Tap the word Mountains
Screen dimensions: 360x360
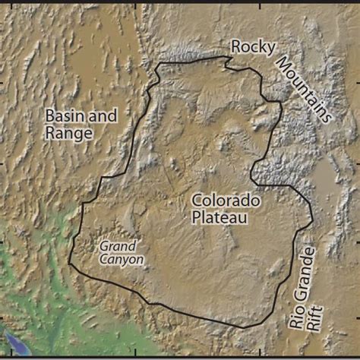click(304, 89)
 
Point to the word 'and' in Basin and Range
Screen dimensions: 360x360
click(105, 116)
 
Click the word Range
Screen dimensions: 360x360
click(68, 134)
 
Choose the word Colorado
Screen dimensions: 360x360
click(226, 201)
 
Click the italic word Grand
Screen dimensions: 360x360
click(118, 246)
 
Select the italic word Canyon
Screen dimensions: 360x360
click(121, 259)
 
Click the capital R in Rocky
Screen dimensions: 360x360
click(236, 47)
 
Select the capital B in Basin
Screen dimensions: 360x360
click(49, 116)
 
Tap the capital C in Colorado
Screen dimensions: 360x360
click(197, 201)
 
